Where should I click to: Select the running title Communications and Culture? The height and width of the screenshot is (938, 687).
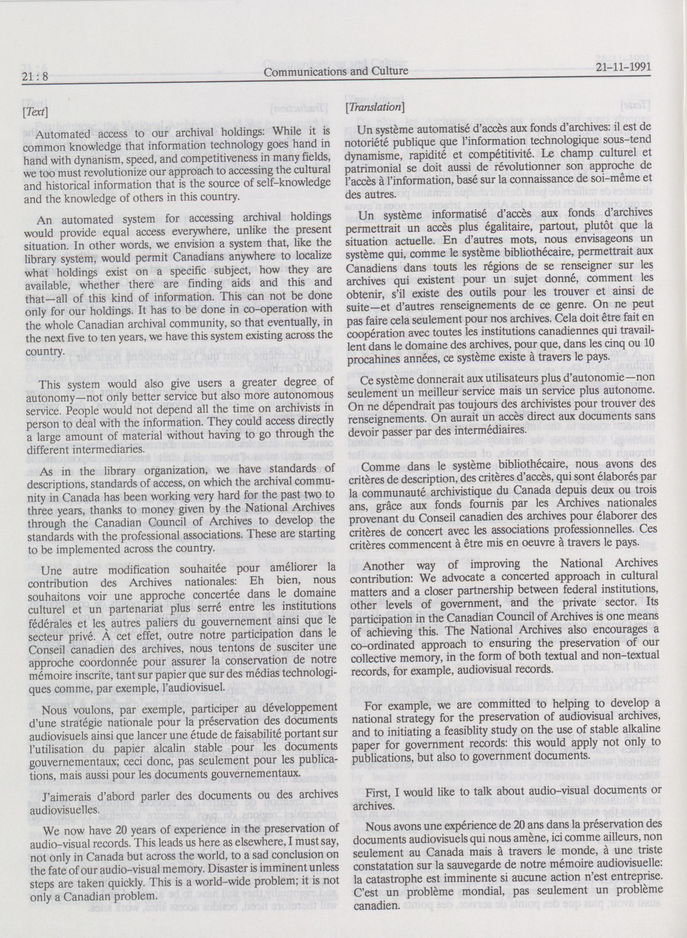pyautogui.click(x=336, y=71)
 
